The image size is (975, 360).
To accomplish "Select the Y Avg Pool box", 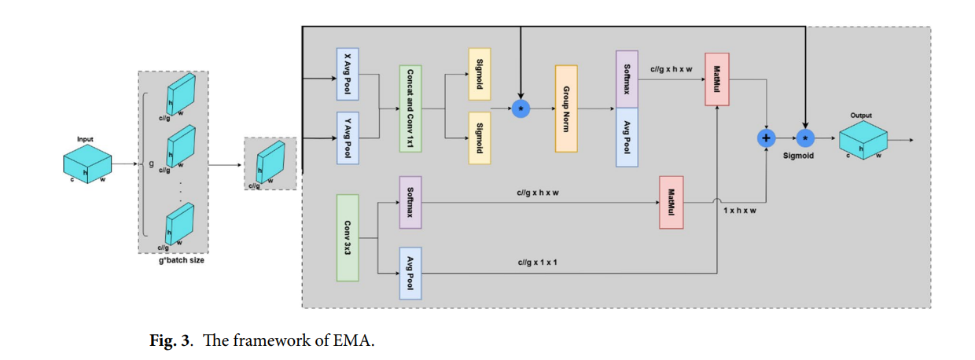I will [348, 138].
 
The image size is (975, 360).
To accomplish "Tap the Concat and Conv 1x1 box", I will [410, 109].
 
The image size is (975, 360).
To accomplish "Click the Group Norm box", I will [566, 108].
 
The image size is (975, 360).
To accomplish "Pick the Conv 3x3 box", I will [348, 237].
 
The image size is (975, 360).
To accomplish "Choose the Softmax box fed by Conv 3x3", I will [410, 202].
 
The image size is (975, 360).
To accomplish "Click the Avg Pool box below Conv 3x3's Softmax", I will [410, 273].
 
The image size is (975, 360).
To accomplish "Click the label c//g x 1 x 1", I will [537, 262].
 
